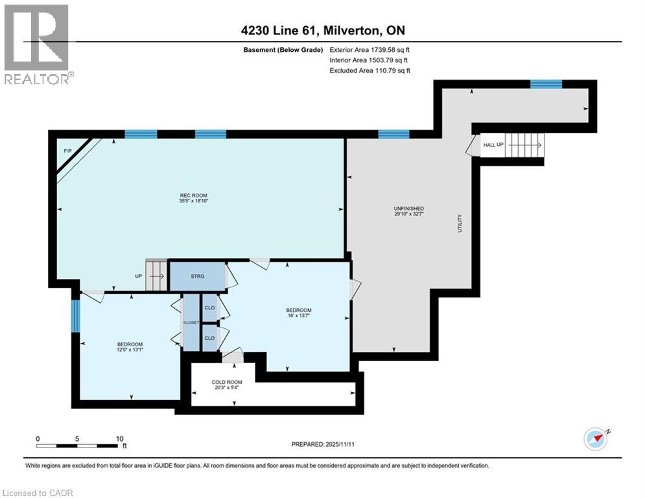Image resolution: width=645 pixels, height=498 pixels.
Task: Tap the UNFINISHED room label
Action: pyautogui.click(x=408, y=209)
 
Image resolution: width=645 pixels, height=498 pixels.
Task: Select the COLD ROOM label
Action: pyautogui.click(x=227, y=382)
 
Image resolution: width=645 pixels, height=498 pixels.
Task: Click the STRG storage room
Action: pyautogui.click(x=197, y=277)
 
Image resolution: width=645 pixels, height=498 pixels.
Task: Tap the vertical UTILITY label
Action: pyautogui.click(x=460, y=224)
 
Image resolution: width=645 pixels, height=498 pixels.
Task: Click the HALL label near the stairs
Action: pyautogui.click(x=489, y=144)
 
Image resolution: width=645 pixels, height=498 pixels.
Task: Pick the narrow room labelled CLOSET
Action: pyautogui.click(x=191, y=322)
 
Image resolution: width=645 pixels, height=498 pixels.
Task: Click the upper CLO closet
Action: pyautogui.click(x=209, y=308)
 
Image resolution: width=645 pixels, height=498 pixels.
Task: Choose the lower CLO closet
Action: pyautogui.click(x=209, y=338)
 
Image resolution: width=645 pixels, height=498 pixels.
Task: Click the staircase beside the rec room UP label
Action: pyautogui.click(x=156, y=276)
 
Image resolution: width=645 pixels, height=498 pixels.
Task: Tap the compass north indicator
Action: pyautogui.click(x=596, y=439)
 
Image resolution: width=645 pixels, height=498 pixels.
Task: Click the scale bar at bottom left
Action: pyautogui.click(x=78, y=445)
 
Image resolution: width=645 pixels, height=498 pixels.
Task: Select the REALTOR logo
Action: pyautogui.click(x=37, y=44)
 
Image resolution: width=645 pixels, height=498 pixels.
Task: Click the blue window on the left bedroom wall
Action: pyautogui.click(x=76, y=316)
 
